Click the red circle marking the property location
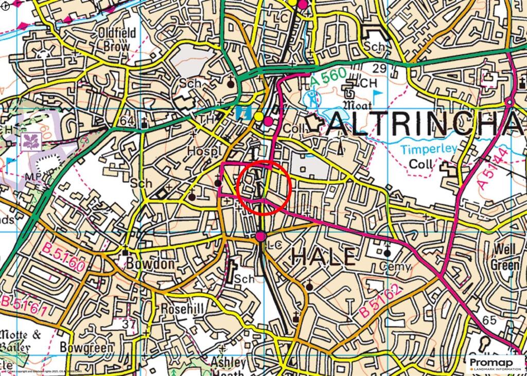pyautogui.click(x=264, y=188)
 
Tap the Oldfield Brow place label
pyautogui.click(x=117, y=40)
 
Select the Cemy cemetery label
pyautogui.click(x=395, y=266)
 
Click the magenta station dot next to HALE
pyautogui.click(x=261, y=236)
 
